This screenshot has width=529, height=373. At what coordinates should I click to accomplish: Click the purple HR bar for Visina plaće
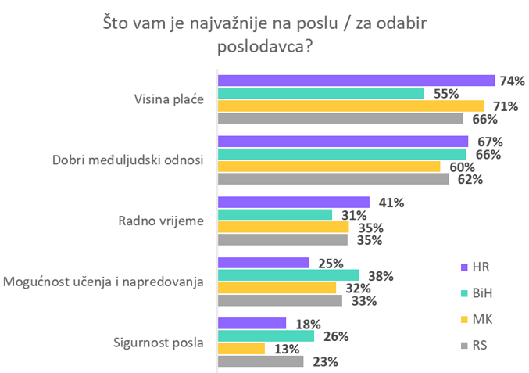[x=356, y=81]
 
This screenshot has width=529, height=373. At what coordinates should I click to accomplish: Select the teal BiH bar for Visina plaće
[x=321, y=93]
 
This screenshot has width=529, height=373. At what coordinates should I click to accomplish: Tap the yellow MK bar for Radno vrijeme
[x=284, y=228]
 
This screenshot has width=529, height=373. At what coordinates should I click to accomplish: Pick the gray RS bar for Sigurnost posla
[x=260, y=361]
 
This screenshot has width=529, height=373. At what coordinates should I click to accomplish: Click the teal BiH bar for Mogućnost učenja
[x=288, y=274]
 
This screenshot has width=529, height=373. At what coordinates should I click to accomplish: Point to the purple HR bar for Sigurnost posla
[x=252, y=323]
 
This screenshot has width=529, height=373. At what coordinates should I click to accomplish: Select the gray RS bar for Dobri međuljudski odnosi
[x=334, y=179]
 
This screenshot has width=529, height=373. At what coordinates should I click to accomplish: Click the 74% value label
[x=513, y=81]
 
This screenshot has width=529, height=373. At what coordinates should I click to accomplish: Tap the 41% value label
[x=391, y=203]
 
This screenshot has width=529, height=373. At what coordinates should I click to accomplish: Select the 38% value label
[x=381, y=275]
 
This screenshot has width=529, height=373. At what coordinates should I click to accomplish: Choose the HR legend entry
[x=474, y=267]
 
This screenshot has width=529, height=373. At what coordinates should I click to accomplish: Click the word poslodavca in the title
[x=264, y=47]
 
